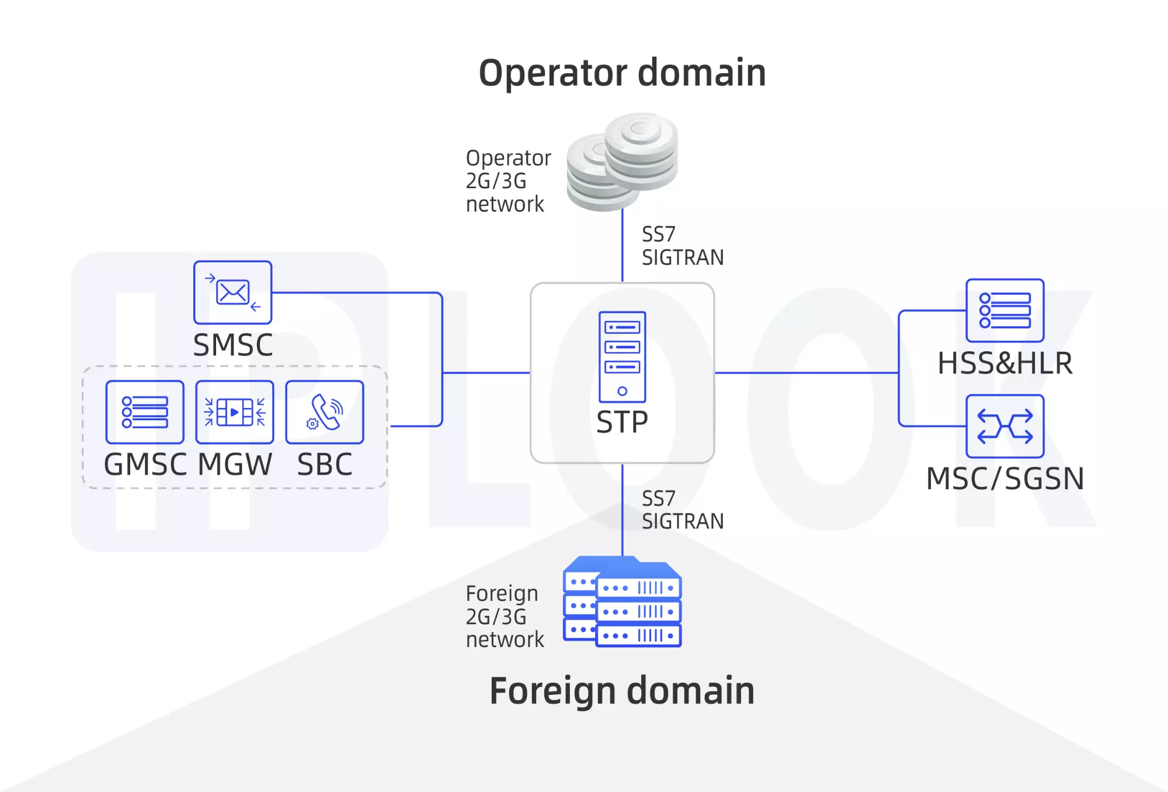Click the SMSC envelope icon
[x=232, y=292]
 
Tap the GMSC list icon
[x=145, y=412]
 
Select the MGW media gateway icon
[x=234, y=412]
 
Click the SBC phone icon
[x=324, y=412]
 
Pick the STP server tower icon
[x=622, y=357]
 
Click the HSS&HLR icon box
[x=1004, y=310]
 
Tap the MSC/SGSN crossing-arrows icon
[x=1004, y=426]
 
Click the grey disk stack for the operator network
[x=623, y=162]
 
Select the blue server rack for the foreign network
[x=623, y=602]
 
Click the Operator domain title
[x=622, y=73]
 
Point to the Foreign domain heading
[x=622, y=691]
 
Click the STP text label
[x=622, y=422]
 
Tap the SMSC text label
[x=232, y=345]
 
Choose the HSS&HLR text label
[x=1004, y=363]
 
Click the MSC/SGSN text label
[x=1004, y=479]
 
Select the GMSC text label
[x=145, y=465]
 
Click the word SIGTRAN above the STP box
[x=683, y=258]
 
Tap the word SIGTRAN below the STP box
[x=683, y=521]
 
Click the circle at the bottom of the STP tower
[x=622, y=391]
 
